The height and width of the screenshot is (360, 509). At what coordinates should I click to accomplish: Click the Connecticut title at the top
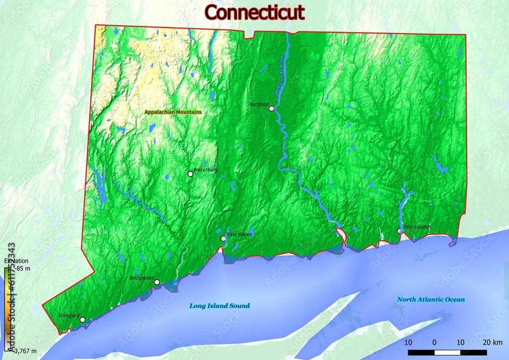(x=254, y=12)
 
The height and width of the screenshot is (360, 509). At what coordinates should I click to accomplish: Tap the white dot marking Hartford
(x=272, y=108)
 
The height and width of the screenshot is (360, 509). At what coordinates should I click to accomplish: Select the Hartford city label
(x=259, y=104)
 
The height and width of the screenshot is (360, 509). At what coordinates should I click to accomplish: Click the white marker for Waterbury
(x=190, y=174)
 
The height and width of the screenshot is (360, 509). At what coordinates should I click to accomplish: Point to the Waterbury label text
(x=206, y=169)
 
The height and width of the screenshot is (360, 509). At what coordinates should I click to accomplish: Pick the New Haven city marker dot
(x=223, y=239)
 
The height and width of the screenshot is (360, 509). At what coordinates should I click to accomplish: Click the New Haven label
(x=240, y=234)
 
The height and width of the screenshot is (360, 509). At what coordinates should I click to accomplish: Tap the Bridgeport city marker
(x=157, y=282)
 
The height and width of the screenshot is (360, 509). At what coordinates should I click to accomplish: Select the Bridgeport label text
(x=142, y=278)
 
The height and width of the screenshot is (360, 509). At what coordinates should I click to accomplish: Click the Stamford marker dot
(x=82, y=320)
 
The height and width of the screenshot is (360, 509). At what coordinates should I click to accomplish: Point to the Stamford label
(x=69, y=316)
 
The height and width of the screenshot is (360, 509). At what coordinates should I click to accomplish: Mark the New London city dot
(x=400, y=231)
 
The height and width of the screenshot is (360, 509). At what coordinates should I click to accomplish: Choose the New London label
(x=417, y=227)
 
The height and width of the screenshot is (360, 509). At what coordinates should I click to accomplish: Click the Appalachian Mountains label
(x=173, y=112)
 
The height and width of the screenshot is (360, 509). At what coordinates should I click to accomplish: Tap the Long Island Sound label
(x=219, y=306)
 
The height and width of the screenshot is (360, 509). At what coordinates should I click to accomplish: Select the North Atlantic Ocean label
(x=431, y=300)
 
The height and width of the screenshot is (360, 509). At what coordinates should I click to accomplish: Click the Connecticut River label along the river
(x=279, y=76)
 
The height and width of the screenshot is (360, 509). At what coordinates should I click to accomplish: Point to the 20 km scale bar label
(x=493, y=342)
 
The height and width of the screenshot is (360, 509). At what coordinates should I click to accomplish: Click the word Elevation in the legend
(x=16, y=261)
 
